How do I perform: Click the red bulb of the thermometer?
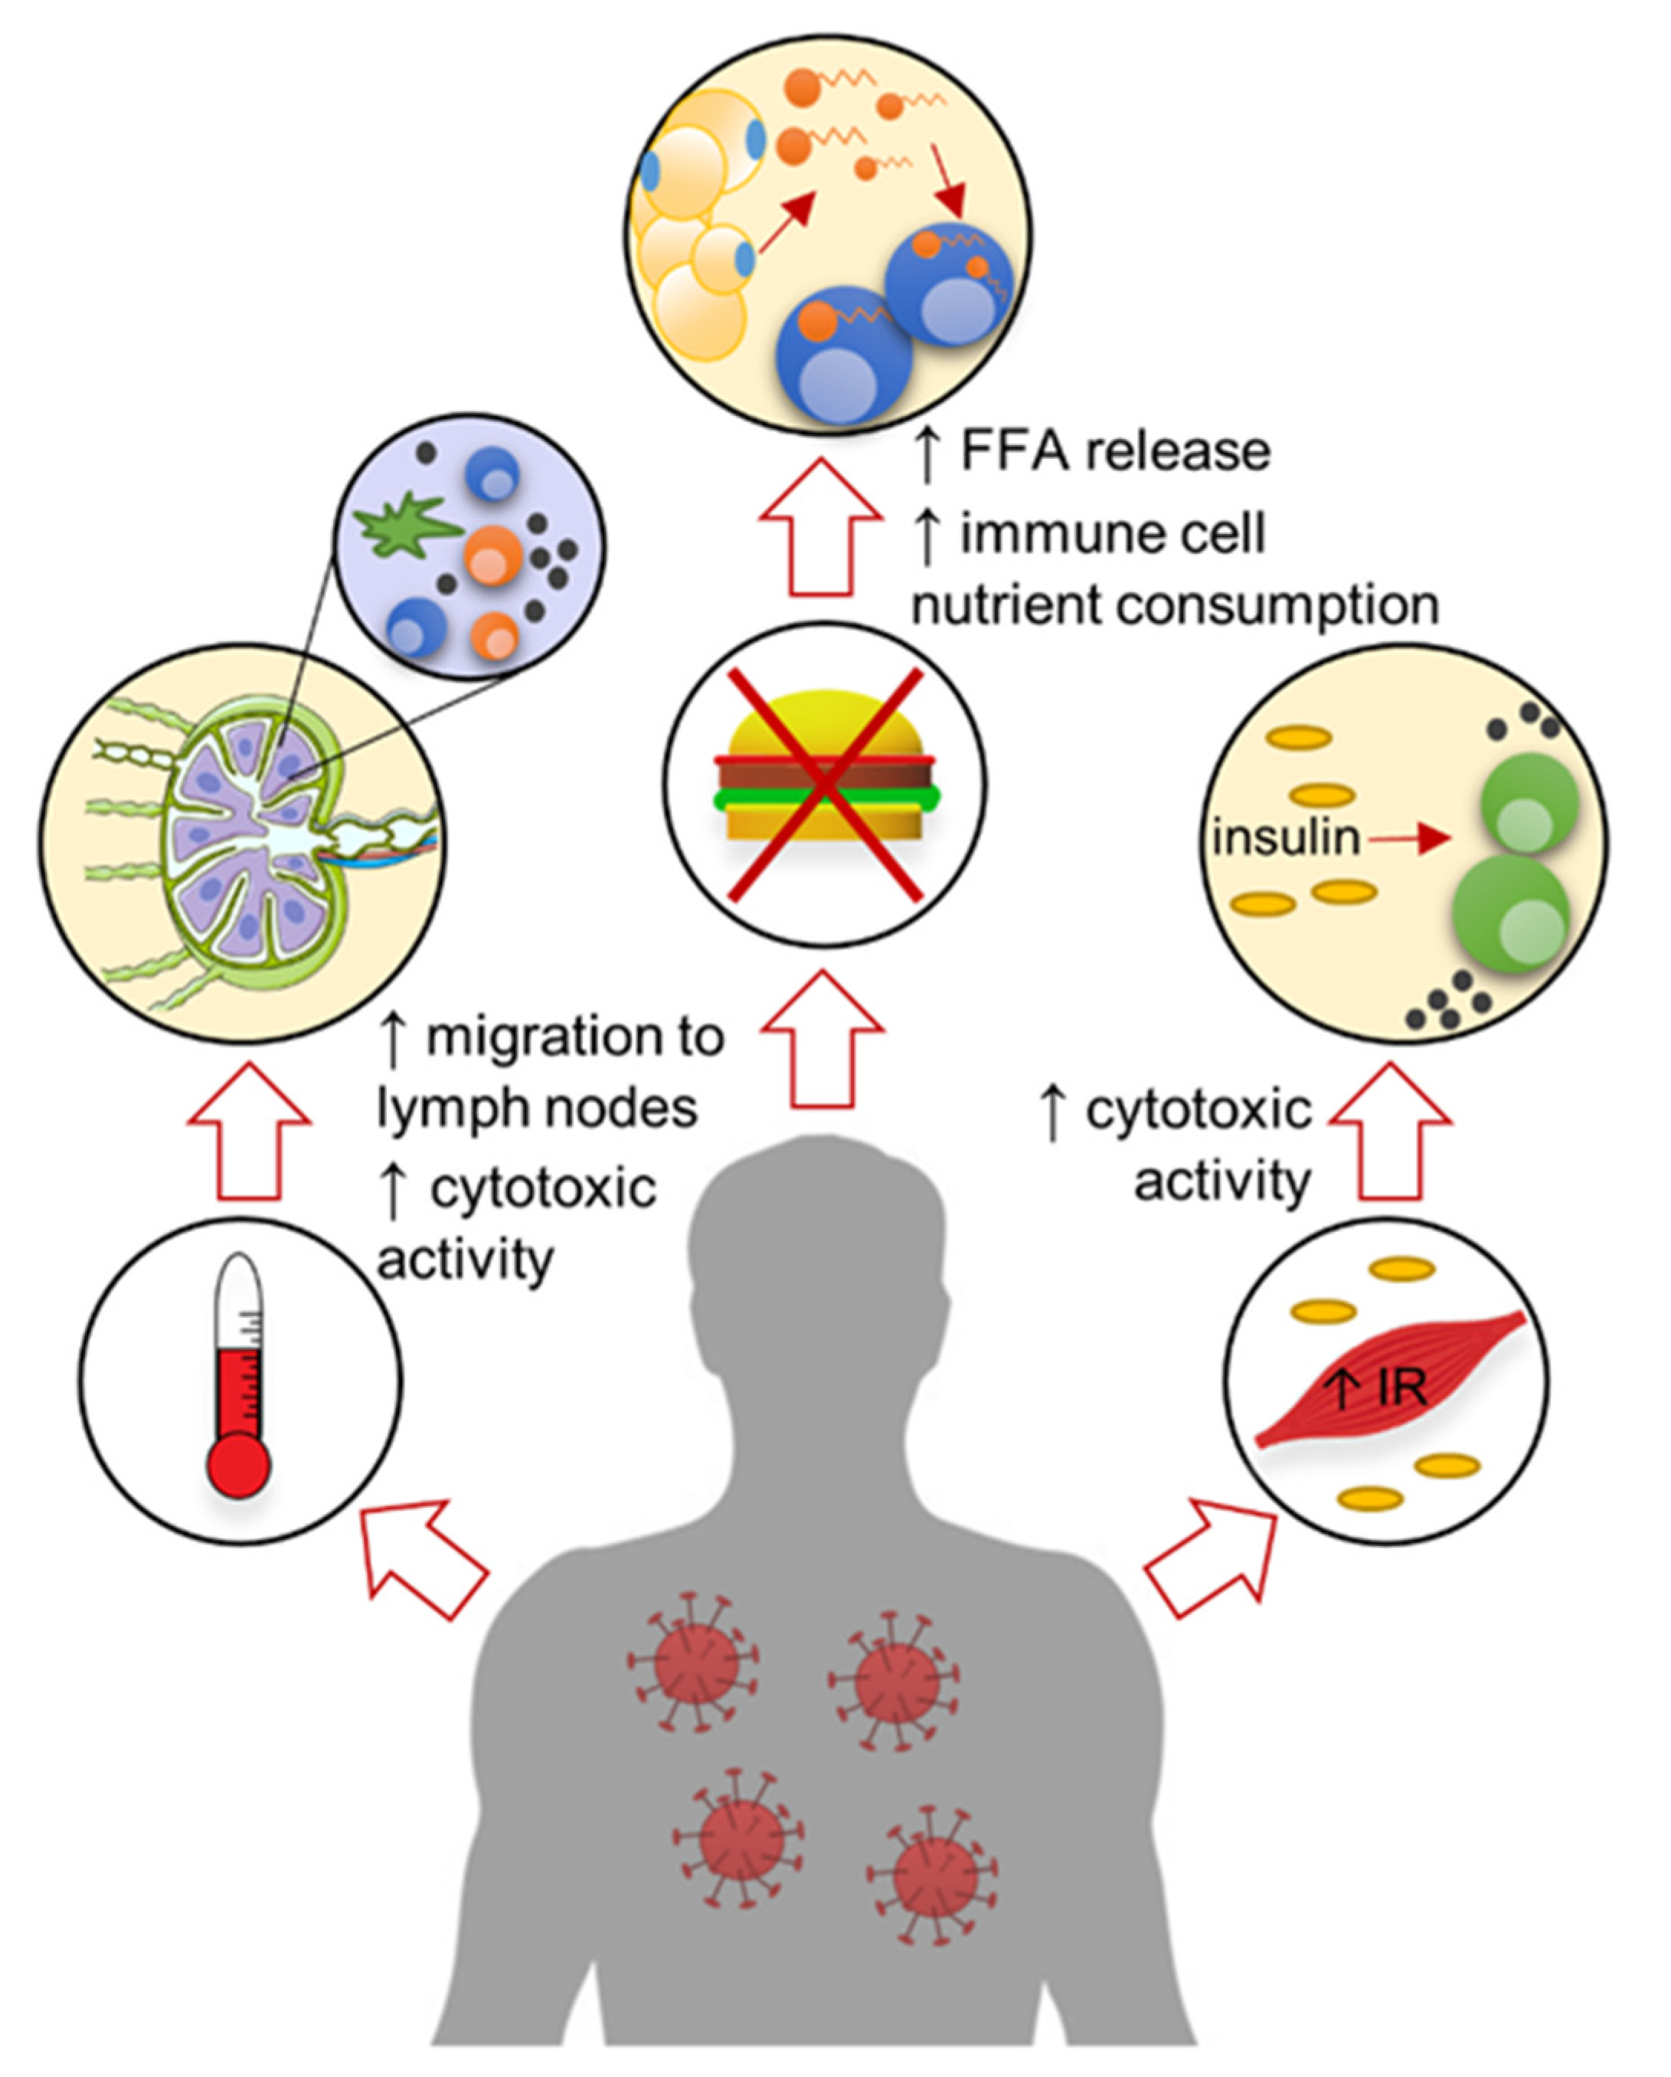(x=239, y=1466)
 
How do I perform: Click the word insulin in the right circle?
(x=1285, y=838)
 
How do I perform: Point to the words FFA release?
(x=1115, y=452)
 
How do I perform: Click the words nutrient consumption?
(x=1175, y=607)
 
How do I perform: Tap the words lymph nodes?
(x=537, y=1109)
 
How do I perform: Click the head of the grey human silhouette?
(x=819, y=1243)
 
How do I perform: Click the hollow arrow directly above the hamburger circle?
(x=821, y=527)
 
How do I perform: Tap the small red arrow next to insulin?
(x=1410, y=839)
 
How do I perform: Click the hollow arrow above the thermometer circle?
(x=248, y=1132)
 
